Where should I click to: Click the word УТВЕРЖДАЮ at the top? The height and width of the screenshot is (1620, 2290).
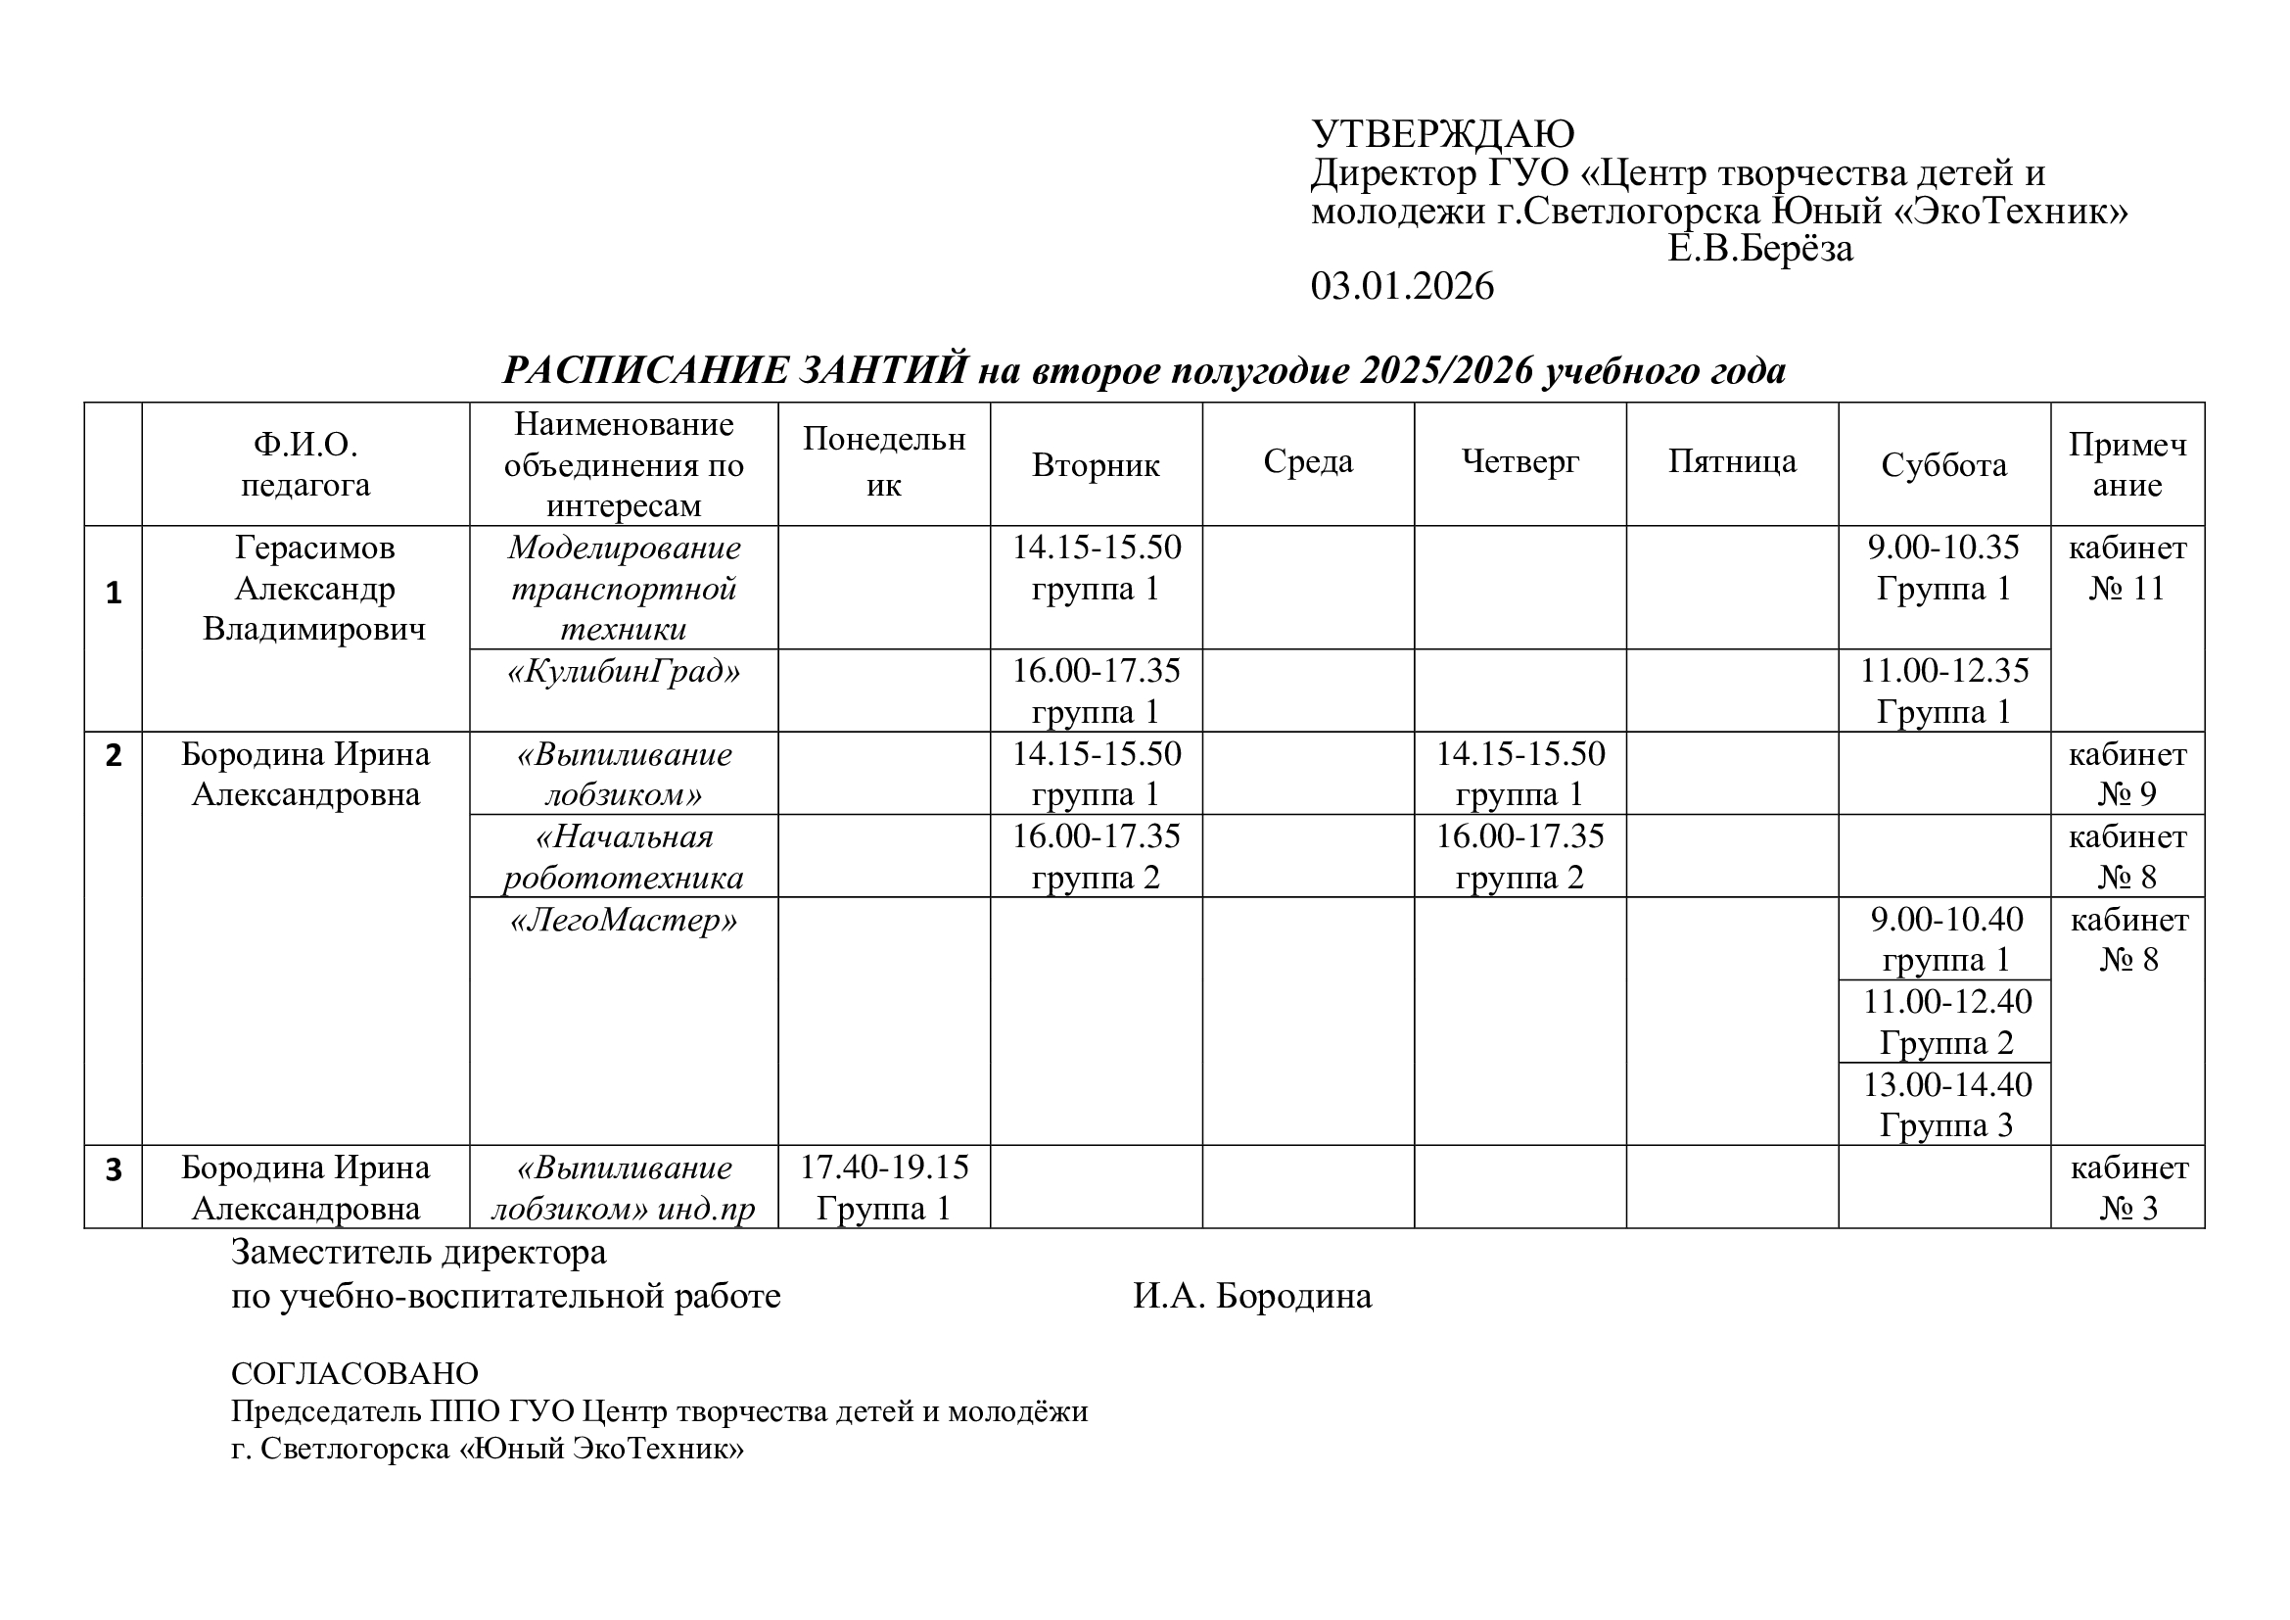[x=1442, y=133]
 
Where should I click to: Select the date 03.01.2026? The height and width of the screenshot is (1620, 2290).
[x=1402, y=286]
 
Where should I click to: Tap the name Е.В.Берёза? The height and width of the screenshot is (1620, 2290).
[x=1760, y=249]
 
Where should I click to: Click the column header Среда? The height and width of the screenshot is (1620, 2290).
[x=1308, y=462]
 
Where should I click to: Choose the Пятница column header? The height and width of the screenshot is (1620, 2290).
[x=1733, y=462]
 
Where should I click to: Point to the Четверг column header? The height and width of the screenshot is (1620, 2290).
[x=1520, y=462]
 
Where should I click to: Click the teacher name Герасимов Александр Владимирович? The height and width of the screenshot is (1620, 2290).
[x=314, y=589]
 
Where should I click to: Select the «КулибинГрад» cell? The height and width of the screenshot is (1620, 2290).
[x=624, y=671]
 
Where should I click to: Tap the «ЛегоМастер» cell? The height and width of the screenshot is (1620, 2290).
[x=624, y=920]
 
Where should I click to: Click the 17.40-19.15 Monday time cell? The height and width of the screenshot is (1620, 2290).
[x=884, y=1187]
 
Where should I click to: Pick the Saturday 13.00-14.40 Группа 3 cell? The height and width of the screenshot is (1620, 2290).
[x=1946, y=1104]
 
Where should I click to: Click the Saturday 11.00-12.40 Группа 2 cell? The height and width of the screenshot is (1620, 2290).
[x=1946, y=1022]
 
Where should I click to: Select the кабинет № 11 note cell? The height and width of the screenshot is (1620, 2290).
[x=2127, y=569]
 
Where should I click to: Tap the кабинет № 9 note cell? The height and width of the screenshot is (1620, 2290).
[x=2127, y=774]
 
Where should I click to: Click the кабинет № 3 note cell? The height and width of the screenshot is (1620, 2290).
[x=2127, y=1187]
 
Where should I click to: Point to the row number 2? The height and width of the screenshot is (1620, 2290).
[x=114, y=756]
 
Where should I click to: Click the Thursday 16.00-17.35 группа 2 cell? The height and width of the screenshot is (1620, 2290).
[x=1520, y=856]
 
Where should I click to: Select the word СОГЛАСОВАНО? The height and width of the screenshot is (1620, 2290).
[x=355, y=1374]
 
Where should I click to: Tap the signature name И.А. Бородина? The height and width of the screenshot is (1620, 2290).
[x=1252, y=1296]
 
